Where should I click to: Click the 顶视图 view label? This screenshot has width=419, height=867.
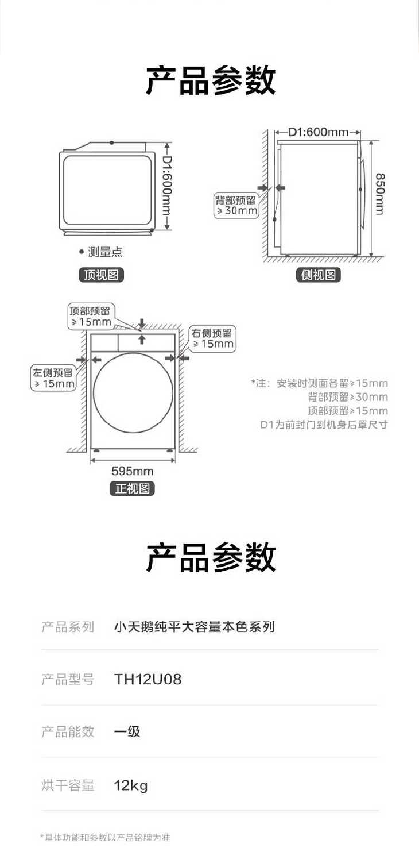(101, 275)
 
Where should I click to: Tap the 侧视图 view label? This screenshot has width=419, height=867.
(319, 275)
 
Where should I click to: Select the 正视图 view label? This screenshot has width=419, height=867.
(133, 488)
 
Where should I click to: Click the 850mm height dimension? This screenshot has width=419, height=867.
(380, 194)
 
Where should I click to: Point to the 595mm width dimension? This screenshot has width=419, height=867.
(133, 471)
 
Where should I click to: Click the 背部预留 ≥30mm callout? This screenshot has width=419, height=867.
(236, 205)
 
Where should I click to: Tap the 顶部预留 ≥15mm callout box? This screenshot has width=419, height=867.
(91, 316)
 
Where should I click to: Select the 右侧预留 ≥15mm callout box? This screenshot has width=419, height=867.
(212, 339)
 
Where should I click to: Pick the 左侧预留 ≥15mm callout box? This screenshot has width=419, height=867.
(53, 377)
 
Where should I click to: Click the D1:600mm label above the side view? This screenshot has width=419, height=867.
(318, 132)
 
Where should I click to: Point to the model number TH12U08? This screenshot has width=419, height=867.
(148, 679)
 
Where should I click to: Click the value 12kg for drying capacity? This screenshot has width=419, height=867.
(131, 785)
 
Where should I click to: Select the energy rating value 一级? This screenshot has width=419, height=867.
(127, 731)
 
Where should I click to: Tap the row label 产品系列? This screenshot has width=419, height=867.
(68, 626)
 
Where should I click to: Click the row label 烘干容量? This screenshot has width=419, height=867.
(68, 785)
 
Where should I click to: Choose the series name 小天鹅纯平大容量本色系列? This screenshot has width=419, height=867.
(195, 626)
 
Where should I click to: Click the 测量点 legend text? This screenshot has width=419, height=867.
(105, 252)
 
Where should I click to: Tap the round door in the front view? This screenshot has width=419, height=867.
(133, 392)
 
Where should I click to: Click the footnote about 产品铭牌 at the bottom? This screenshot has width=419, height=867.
(105, 837)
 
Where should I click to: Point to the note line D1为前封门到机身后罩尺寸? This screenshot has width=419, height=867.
(324, 425)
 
